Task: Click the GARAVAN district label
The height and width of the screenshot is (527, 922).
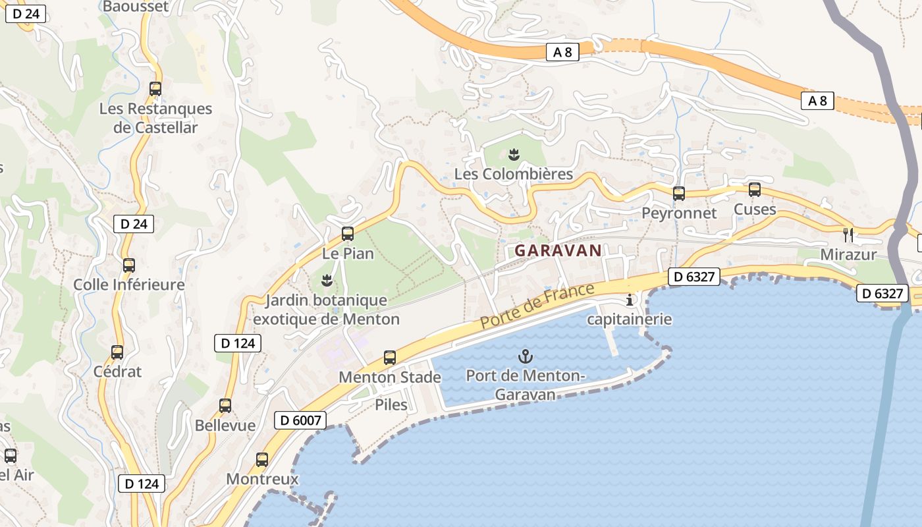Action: tap(558, 250)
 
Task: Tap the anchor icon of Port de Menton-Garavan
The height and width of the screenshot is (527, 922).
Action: tap(525, 357)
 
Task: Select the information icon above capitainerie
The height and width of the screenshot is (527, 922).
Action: tap(630, 300)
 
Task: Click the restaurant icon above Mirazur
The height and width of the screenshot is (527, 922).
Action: tap(848, 234)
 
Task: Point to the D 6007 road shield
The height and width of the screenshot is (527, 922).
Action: tap(300, 420)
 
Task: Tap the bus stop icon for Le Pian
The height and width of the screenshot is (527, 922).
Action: tap(347, 234)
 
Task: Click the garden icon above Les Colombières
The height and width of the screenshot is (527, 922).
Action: tap(514, 155)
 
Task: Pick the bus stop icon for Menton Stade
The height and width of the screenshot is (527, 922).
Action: tap(390, 358)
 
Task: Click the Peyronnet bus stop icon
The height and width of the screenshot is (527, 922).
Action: tap(679, 194)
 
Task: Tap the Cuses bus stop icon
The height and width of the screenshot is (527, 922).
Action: tap(755, 190)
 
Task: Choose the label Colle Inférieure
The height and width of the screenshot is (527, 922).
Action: tap(129, 285)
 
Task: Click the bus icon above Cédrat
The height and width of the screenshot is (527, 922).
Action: tap(117, 352)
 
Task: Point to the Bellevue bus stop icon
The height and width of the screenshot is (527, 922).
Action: tap(225, 406)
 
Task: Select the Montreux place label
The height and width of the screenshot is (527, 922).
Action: tap(262, 479)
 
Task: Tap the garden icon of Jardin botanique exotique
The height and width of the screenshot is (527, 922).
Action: tap(326, 281)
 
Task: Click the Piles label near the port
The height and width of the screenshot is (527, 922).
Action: tap(391, 404)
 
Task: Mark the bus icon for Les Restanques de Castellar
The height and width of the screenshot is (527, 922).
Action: tap(155, 89)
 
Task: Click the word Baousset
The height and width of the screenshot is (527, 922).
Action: tap(136, 7)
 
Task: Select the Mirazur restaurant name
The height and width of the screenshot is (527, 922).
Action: tap(848, 254)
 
